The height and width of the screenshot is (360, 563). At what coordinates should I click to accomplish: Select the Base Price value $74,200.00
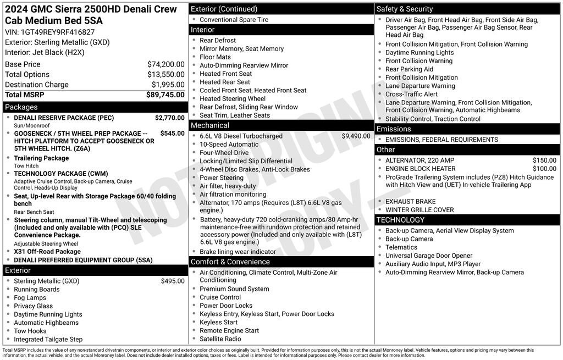[165, 64]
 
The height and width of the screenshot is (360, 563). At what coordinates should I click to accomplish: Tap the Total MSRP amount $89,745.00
[165, 95]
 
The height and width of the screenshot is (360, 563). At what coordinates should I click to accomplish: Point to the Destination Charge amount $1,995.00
[168, 85]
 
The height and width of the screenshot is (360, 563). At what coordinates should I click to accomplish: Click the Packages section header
[21, 107]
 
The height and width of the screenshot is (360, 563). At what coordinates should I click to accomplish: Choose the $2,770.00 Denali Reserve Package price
[169, 118]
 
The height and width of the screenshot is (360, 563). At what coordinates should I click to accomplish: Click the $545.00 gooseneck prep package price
[172, 133]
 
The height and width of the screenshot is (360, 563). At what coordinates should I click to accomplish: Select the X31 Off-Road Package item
[47, 252]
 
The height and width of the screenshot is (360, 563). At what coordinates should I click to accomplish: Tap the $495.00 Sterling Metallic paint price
[173, 281]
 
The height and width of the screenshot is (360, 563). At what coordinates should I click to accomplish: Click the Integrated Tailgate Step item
[48, 339]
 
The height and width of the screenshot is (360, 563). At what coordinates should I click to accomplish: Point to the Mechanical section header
[209, 125]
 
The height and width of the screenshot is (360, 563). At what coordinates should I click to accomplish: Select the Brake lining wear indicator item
[238, 252]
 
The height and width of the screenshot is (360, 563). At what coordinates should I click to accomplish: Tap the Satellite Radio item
[220, 339]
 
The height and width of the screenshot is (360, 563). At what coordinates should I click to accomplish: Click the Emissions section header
[394, 129]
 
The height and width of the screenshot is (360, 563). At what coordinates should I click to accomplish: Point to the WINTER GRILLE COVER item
[420, 210]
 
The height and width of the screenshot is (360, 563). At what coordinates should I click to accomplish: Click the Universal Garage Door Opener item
[429, 256]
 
